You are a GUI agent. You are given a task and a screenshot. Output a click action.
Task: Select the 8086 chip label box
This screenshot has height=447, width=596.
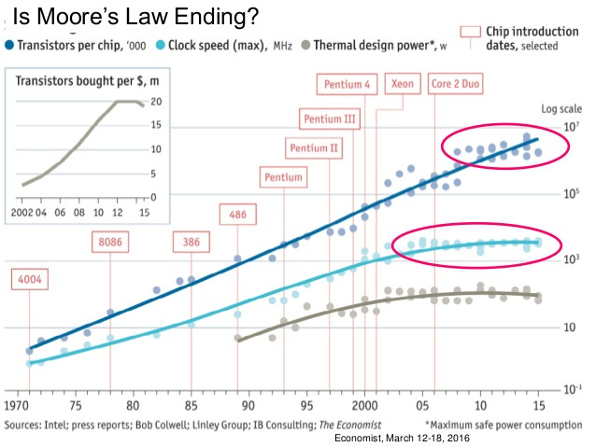click(110, 243)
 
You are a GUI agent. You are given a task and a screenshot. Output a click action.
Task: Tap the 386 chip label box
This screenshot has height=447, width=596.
click(191, 243)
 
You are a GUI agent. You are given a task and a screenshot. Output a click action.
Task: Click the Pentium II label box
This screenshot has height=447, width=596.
click(315, 147)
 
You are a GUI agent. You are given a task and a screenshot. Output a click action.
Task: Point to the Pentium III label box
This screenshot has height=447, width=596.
click(330, 119)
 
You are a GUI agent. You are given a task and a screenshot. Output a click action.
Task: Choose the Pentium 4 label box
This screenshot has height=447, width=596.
click(348, 84)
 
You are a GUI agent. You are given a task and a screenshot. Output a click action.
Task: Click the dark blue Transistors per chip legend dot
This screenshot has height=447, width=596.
click(9, 44)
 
